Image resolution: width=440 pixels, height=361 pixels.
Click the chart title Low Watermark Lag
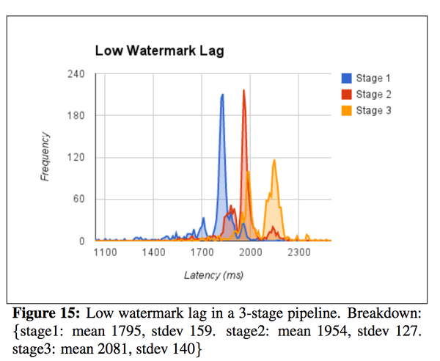pos(159,51)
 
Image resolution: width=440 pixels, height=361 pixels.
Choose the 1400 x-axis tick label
pos(153,253)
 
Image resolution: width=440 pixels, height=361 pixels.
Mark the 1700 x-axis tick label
pos(202,253)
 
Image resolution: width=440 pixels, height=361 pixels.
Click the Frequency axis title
pos(45,157)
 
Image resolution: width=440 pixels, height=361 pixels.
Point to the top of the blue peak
pos(222,95)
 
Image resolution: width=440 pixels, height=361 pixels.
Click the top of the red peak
pos(244,90)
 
